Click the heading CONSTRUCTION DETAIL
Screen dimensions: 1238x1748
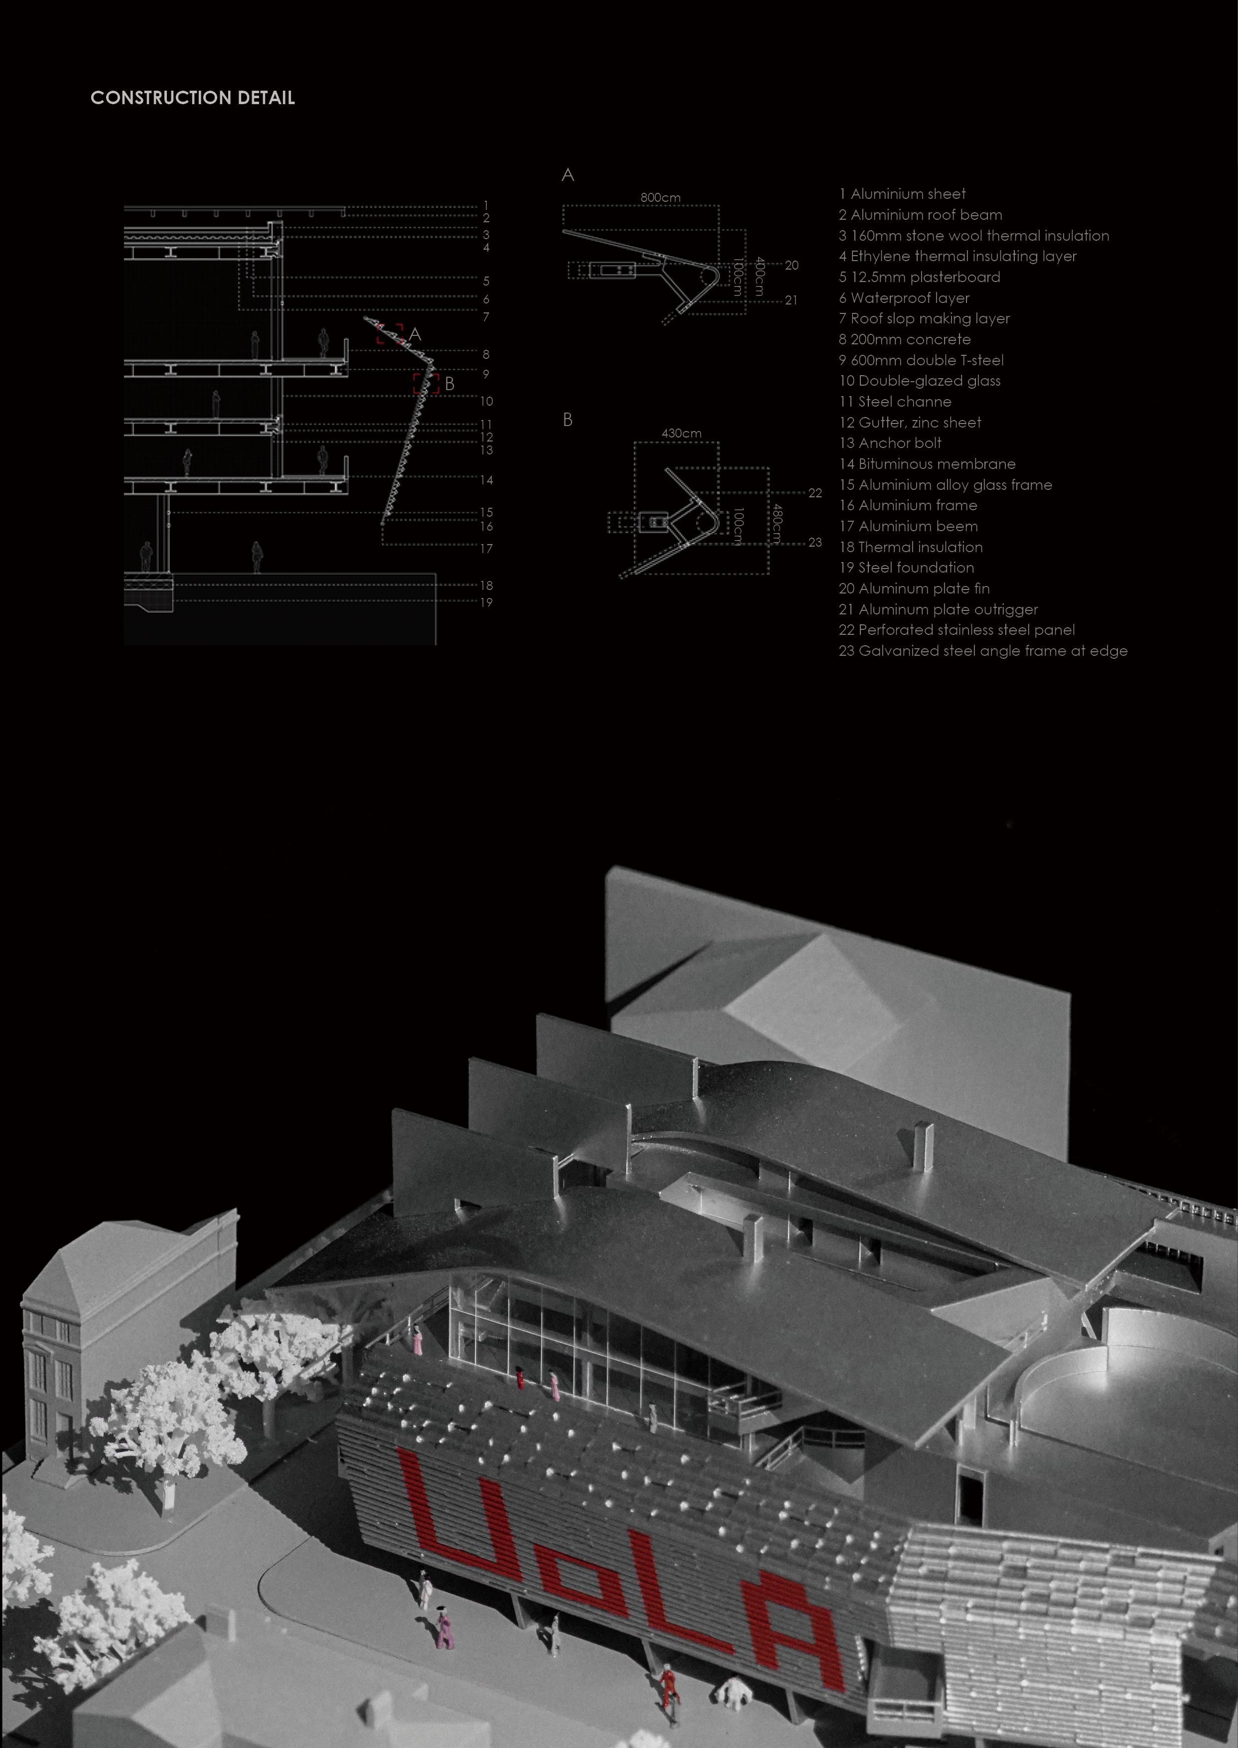(x=192, y=98)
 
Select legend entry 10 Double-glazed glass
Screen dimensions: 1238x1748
(x=919, y=380)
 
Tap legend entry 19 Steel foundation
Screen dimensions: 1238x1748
(x=906, y=567)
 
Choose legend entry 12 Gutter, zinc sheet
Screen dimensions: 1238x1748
(x=909, y=423)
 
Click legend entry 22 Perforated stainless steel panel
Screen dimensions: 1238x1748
(x=957, y=630)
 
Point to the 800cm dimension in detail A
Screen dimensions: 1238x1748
(x=660, y=197)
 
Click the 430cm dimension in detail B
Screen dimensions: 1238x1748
(x=681, y=433)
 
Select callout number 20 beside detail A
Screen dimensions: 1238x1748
(x=791, y=265)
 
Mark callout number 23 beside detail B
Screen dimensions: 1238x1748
(x=815, y=542)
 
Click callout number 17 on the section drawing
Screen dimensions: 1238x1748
(x=486, y=548)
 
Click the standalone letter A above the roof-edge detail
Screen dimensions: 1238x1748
(x=567, y=175)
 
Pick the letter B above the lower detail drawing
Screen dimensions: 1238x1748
(x=567, y=420)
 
